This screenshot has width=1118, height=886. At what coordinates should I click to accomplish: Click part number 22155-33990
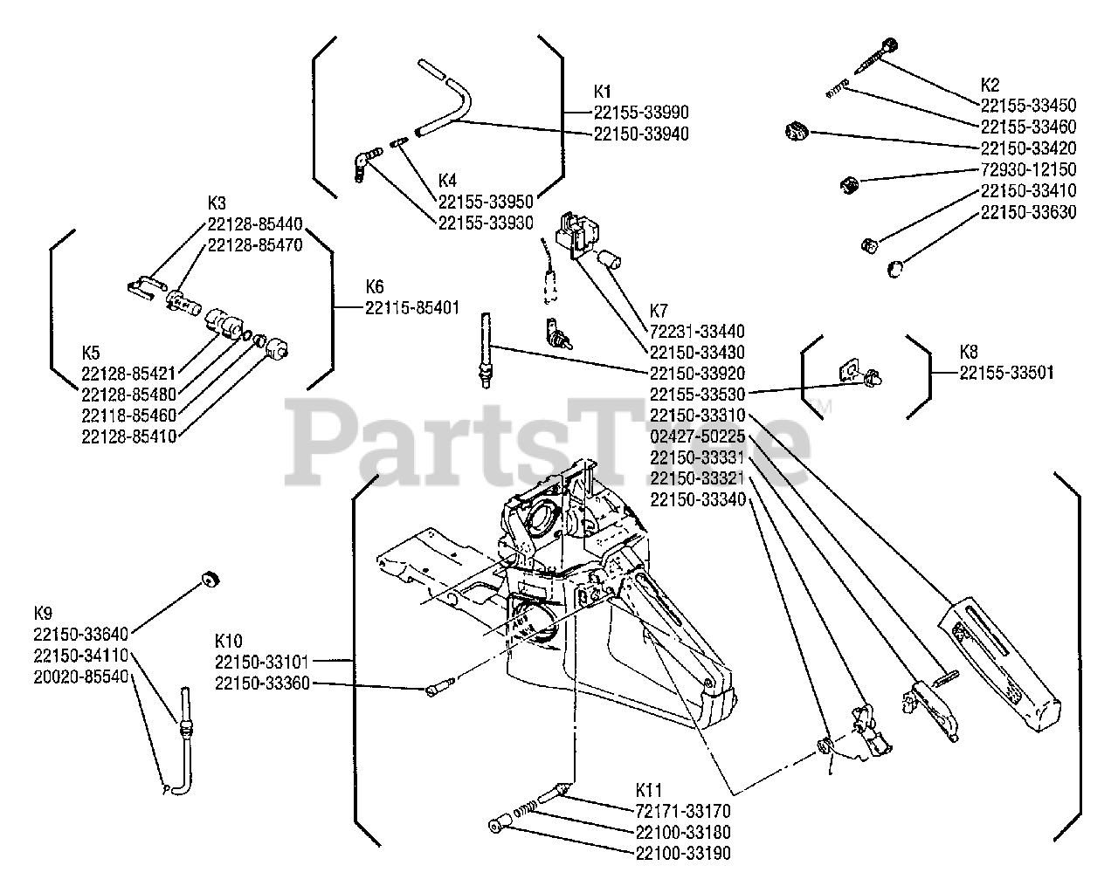641,113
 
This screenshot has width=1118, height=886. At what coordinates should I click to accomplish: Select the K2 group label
990,85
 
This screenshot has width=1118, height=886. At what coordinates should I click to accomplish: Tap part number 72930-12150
1028,169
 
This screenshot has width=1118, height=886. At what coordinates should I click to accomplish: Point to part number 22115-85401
411,307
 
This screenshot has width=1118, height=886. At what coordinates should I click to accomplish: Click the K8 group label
969,352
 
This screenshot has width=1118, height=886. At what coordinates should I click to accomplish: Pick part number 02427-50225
697,436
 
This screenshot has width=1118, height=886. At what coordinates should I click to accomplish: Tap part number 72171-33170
683,812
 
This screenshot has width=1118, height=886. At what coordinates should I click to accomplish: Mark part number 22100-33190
683,854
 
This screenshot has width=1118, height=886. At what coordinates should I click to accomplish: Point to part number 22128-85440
254,223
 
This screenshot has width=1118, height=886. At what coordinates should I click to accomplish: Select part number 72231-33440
697,332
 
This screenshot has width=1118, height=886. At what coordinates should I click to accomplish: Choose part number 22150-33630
1028,212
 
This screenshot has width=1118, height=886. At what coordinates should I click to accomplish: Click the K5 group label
92,353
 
